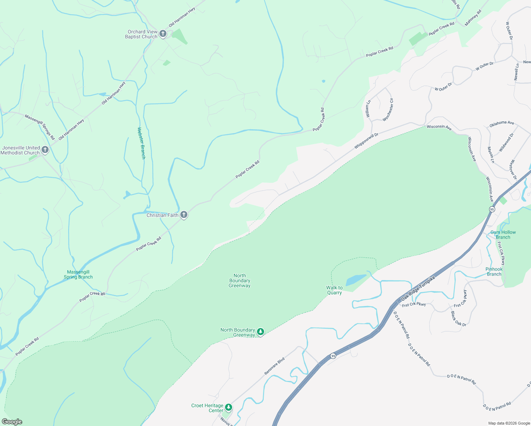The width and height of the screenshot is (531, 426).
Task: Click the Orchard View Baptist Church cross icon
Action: tap(163, 34)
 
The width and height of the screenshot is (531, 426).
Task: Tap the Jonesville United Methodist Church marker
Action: tap(45, 150)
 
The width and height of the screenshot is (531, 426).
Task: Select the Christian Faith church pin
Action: tap(184, 214)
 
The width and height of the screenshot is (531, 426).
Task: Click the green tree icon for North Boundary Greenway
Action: tap(261, 332)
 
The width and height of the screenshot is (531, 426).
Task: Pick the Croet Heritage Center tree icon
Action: tap(229, 407)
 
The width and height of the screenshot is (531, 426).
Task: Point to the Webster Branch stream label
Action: tap(141, 143)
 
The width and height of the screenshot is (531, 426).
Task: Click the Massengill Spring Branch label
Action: tap(78, 274)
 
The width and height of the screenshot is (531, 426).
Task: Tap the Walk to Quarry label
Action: tap(334, 290)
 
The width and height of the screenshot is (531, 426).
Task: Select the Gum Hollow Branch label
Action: tap(503, 235)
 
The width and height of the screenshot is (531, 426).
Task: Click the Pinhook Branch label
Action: tap(494, 272)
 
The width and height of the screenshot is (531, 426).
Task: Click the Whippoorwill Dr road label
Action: tap(366, 141)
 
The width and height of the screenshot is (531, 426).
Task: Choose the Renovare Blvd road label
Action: tap(275, 366)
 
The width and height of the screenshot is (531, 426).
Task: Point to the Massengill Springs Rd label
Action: tap(40, 127)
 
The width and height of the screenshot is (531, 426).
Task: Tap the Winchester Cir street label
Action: tap(388, 110)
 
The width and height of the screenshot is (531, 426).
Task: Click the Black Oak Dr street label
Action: tap(458, 319)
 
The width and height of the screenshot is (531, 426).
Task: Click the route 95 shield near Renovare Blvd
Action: tap(333, 356)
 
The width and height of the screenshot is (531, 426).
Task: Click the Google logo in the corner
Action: tap(12, 421)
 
